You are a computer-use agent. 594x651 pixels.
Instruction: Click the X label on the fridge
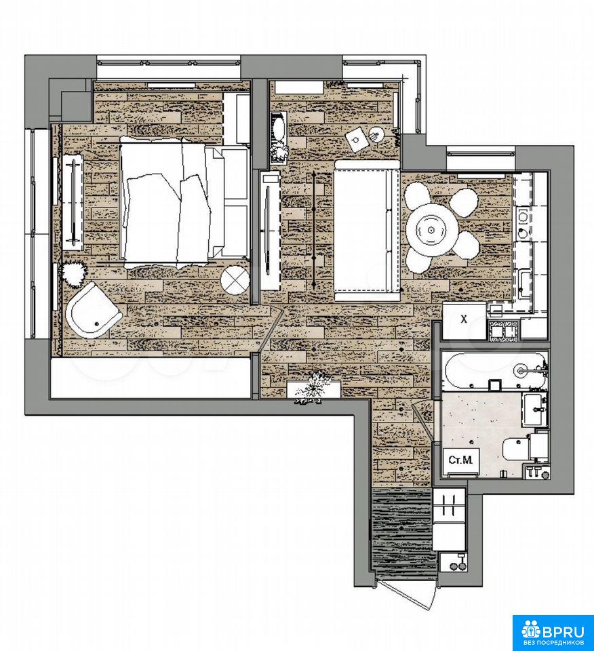click(464, 319)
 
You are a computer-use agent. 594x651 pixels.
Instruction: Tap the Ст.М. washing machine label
click(460, 460)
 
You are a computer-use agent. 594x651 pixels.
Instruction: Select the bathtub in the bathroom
click(495, 371)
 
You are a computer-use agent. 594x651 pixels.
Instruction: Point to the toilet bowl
click(516, 448)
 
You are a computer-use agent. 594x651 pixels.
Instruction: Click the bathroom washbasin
click(534, 410)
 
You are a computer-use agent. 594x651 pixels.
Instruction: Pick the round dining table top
click(432, 230)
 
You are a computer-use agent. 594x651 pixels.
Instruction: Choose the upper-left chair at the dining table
click(418, 197)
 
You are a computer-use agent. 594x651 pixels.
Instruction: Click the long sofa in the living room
click(366, 231)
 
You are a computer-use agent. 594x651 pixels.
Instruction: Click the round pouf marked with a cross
click(235, 280)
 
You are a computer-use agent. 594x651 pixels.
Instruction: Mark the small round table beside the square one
click(376, 134)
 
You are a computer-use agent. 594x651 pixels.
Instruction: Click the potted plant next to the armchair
click(73, 274)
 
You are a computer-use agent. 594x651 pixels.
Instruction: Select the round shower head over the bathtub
click(520, 370)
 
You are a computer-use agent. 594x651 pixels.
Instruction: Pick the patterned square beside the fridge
click(504, 330)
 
